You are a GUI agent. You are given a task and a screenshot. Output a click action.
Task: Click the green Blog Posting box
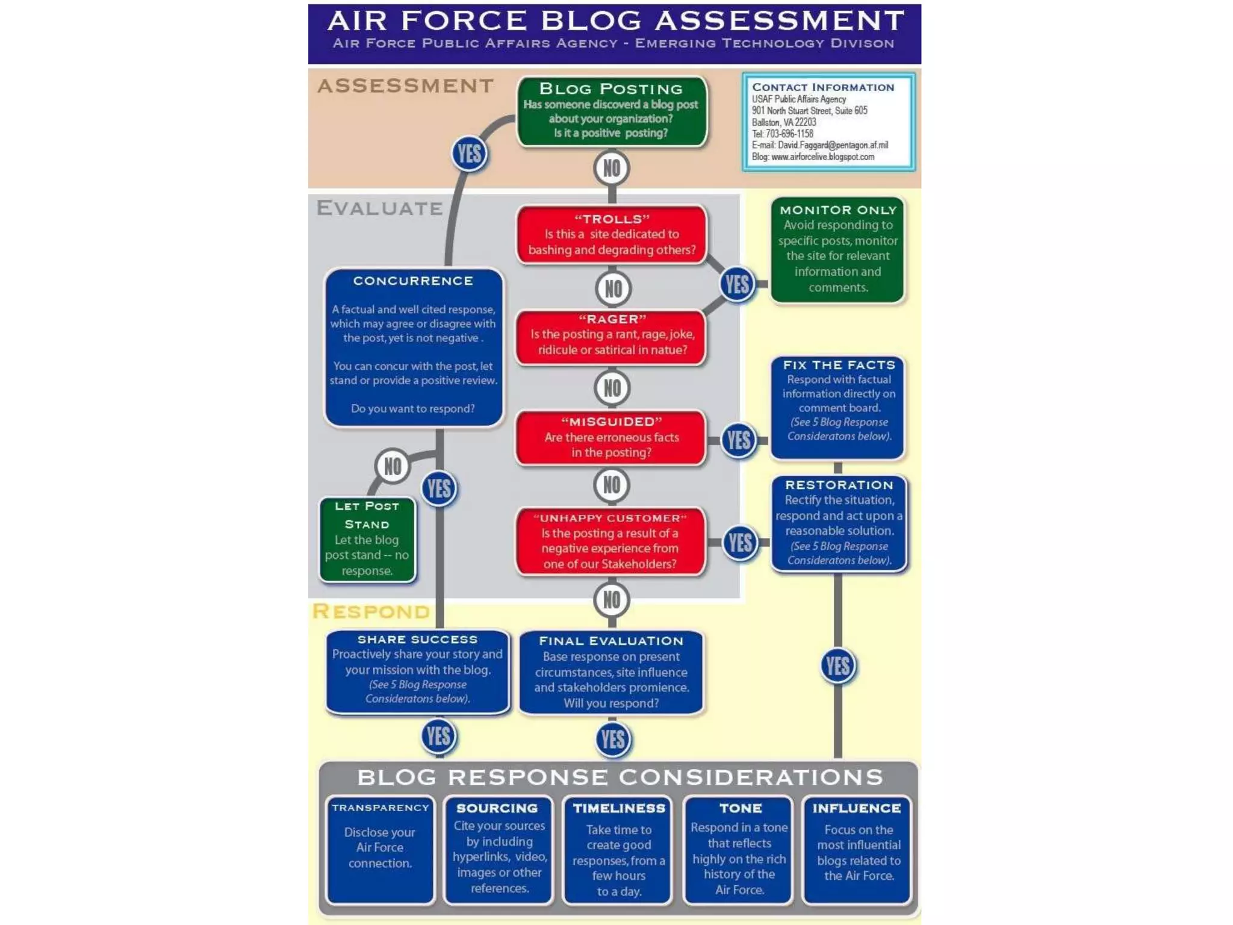click(x=611, y=111)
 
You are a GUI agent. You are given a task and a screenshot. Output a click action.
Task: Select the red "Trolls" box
click(x=611, y=235)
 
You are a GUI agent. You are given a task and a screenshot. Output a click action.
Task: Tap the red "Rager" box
click(x=611, y=336)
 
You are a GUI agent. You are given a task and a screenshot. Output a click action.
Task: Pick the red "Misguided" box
click(x=611, y=438)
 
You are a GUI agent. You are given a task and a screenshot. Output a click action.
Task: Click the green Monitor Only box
click(x=837, y=249)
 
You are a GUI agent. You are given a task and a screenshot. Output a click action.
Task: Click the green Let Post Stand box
click(x=367, y=539)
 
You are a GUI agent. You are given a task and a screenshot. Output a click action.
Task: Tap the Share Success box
click(x=417, y=670)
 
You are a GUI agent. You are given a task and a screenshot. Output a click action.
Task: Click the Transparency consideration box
click(x=380, y=849)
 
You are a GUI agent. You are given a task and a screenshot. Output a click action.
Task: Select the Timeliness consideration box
click(x=618, y=849)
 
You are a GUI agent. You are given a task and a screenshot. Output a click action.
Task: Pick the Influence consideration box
click(x=857, y=849)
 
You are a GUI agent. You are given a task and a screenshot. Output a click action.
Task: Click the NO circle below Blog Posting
click(x=612, y=169)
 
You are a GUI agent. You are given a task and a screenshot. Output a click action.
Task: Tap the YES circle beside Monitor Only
click(x=737, y=284)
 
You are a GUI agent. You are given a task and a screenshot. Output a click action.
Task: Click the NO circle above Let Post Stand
click(x=393, y=466)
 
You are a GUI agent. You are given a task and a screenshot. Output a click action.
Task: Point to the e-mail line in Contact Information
click(x=819, y=145)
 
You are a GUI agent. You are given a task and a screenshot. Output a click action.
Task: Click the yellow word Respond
click(x=371, y=611)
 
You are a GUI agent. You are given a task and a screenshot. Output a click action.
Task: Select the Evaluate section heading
click(x=380, y=208)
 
